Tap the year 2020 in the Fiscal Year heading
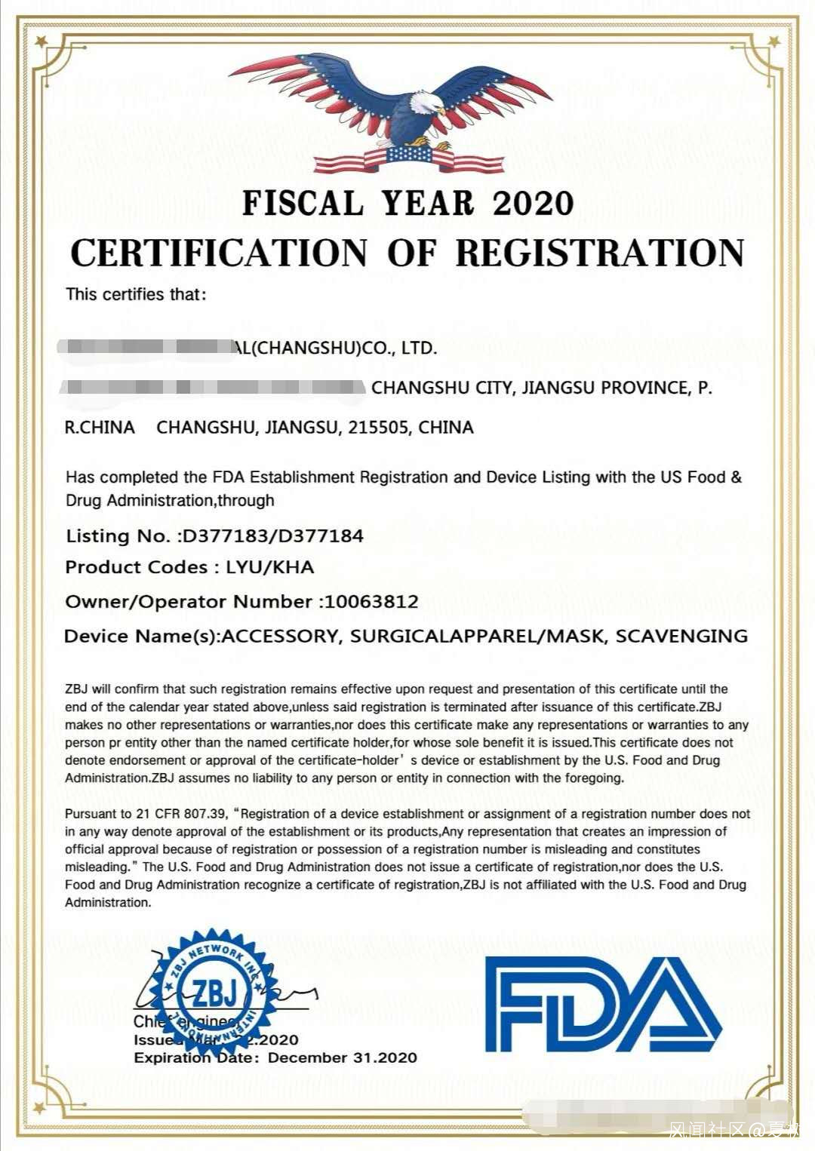(533, 204)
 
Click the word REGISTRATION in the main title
(600, 253)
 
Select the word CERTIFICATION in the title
(219, 253)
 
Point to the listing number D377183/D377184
(273, 536)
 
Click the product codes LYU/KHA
(270, 567)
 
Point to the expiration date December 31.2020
(342, 1058)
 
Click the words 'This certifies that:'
(136, 294)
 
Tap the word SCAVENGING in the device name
(681, 636)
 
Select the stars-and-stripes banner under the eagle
(408, 159)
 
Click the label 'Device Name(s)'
(141, 636)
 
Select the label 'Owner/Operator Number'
(189, 602)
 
